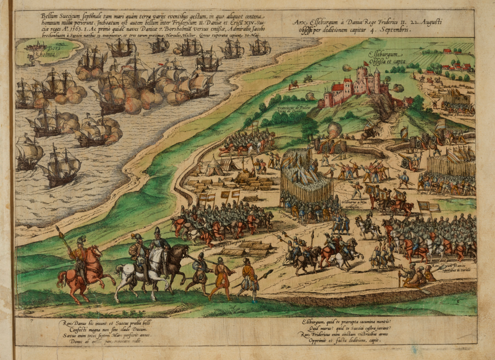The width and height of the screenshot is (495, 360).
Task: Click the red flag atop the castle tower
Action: click(x=366, y=63)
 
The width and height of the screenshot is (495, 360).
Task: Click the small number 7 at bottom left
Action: click(x=31, y=320)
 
